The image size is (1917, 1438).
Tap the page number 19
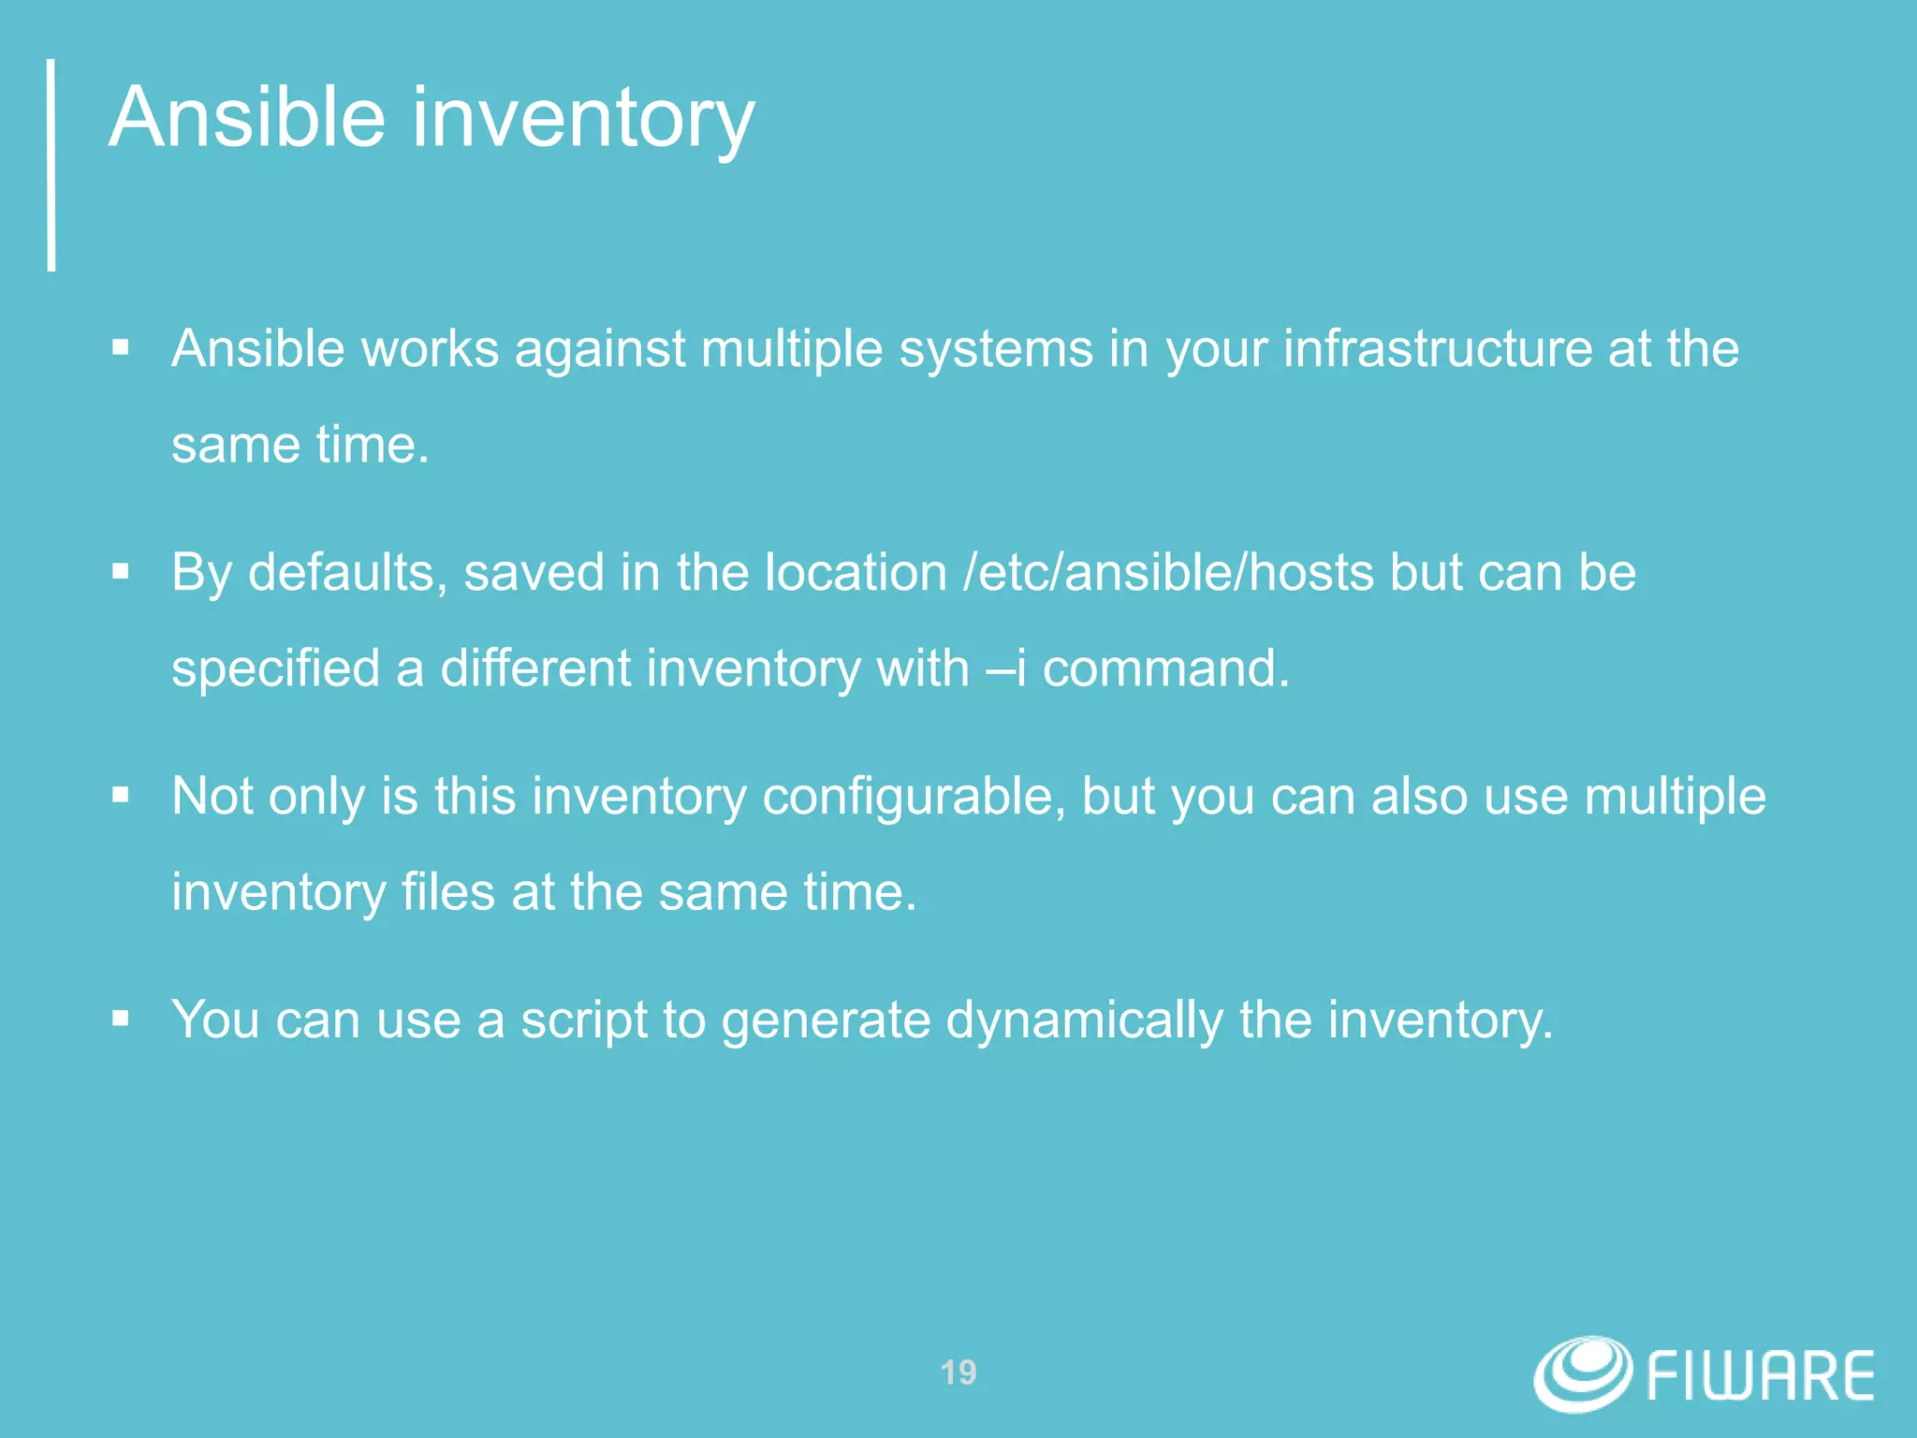(x=958, y=1372)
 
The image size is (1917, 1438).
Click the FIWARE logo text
(x=1760, y=1376)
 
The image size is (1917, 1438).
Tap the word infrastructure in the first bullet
(x=1437, y=349)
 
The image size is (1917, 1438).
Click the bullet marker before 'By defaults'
(x=120, y=571)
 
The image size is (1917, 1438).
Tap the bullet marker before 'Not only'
(x=120, y=795)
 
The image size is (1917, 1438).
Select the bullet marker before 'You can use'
(x=120, y=1018)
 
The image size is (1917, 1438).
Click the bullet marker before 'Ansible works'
(x=120, y=348)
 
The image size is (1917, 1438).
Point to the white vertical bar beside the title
(x=51, y=165)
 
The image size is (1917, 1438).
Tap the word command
(x=1164, y=668)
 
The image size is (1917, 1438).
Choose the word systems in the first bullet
(x=996, y=349)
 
